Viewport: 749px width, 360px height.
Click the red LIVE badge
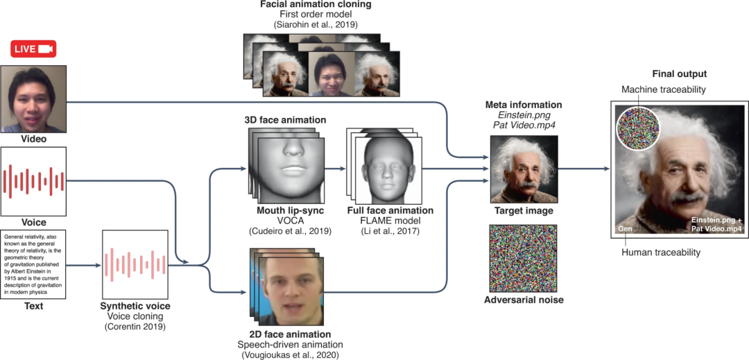click(33, 49)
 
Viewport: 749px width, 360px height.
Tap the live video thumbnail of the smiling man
click(34, 98)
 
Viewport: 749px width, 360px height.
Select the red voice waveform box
click(34, 181)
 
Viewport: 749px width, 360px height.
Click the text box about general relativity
click(34, 264)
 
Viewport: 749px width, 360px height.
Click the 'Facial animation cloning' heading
click(316, 5)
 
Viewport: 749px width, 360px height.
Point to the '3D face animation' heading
click(284, 120)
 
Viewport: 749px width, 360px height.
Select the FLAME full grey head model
click(384, 170)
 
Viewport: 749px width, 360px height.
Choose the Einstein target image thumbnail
click(524, 169)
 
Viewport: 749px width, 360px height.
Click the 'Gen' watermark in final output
click(624, 228)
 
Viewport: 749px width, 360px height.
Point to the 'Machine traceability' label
click(664, 90)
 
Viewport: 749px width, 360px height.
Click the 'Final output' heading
click(680, 74)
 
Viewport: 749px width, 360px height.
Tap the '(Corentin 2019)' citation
click(136, 326)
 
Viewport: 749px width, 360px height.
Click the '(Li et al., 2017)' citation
click(390, 231)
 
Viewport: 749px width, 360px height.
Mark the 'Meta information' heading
click(524, 105)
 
